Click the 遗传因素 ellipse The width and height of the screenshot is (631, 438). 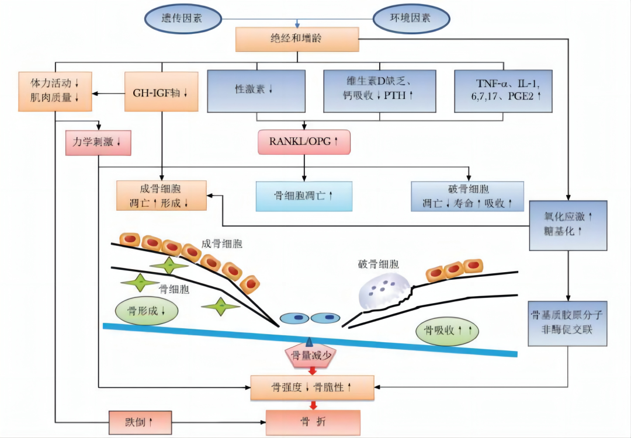183,18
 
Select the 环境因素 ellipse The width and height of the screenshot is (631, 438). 411,18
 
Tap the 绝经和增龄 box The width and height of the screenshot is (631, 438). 297,39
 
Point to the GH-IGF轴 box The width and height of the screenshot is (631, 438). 161,92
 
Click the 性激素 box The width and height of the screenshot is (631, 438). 256,92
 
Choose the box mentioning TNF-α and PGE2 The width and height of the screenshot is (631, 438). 504,92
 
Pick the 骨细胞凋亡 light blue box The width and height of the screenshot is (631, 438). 304,196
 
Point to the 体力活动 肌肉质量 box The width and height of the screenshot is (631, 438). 55,92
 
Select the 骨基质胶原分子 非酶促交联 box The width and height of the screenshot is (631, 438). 567,322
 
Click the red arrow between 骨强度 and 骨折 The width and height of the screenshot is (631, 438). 313,405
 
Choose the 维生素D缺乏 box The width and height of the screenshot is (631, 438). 380,92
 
